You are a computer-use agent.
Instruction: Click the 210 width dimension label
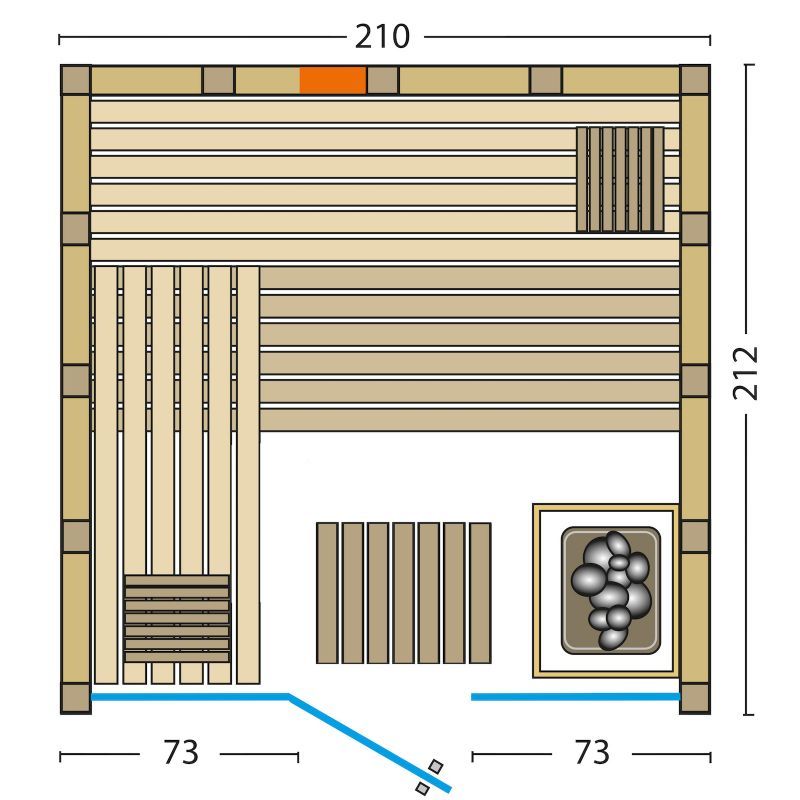[x=382, y=37]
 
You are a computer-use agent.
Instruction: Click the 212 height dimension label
[x=745, y=373]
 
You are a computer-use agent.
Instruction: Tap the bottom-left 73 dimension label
[x=181, y=753]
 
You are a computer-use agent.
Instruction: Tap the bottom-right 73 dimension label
[x=592, y=753]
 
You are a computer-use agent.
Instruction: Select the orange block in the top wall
[x=333, y=81]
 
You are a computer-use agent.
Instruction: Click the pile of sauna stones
[x=611, y=590]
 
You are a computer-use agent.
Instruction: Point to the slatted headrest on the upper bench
[x=620, y=179]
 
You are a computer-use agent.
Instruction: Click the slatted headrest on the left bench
[x=177, y=618]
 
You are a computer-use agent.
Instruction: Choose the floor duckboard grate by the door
[x=404, y=593]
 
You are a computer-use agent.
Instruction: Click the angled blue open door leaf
[x=369, y=743]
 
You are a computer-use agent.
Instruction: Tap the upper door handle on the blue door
[x=435, y=766]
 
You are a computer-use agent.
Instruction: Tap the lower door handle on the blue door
[x=422, y=788]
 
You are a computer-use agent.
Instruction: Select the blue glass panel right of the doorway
[x=576, y=697]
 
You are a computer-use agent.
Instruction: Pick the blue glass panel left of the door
[x=190, y=696]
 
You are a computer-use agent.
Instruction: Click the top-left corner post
[x=76, y=80]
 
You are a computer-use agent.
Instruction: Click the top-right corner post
[x=695, y=80]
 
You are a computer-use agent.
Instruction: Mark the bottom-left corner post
[x=76, y=698]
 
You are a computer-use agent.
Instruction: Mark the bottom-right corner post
[x=695, y=698]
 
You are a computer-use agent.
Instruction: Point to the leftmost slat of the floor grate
[x=327, y=593]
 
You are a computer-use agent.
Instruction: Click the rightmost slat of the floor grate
[x=480, y=593]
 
